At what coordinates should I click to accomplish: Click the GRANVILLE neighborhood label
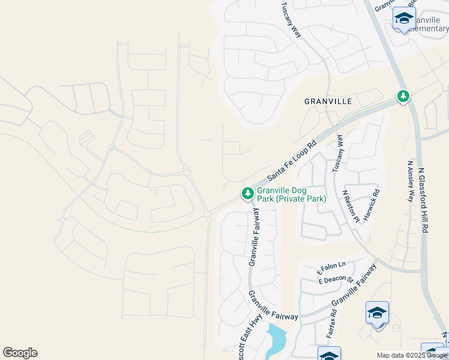coord(328,101)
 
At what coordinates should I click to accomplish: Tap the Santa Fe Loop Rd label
coord(292,161)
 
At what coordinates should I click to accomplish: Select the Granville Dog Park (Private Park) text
coord(291,194)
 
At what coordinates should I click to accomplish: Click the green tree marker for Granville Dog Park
coord(247,193)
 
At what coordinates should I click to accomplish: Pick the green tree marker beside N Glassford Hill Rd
coord(403,96)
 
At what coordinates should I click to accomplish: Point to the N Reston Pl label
coord(350,206)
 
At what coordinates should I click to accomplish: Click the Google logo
coord(20,353)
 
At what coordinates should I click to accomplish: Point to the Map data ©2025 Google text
coord(412,355)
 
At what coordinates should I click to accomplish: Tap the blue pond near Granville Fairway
coord(277,340)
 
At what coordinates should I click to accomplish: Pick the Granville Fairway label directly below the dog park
coord(253,237)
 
